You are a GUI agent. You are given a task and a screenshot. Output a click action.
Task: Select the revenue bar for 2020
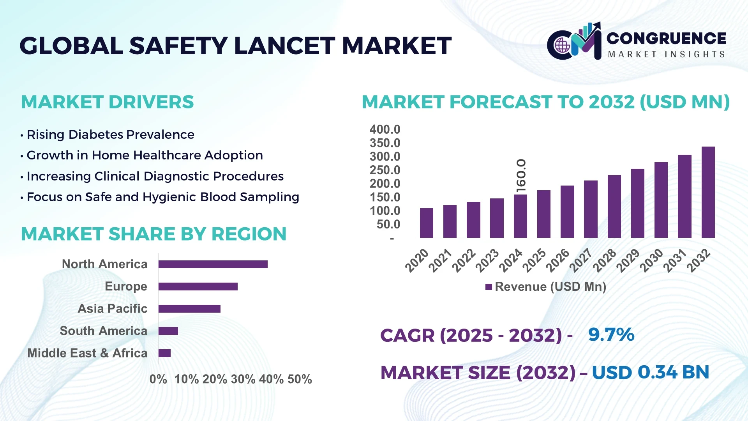tap(426, 223)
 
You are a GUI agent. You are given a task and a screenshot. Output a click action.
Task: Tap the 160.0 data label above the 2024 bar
tap(521, 175)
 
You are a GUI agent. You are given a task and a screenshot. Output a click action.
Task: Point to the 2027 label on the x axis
tap(581, 260)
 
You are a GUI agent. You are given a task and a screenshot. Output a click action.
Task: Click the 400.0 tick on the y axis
tap(385, 129)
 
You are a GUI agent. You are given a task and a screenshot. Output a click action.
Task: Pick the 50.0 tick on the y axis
tap(388, 224)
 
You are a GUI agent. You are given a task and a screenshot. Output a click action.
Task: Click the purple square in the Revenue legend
tap(489, 287)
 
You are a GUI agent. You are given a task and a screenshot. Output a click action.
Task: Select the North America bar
tap(213, 264)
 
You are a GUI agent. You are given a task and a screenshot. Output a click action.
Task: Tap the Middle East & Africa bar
tap(164, 353)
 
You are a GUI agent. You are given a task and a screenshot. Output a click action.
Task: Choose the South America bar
tap(168, 331)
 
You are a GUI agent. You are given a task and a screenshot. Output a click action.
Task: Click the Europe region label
tap(126, 287)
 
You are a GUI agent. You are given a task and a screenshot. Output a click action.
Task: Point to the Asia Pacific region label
tap(112, 309)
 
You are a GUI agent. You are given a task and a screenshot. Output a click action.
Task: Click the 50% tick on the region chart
tap(300, 379)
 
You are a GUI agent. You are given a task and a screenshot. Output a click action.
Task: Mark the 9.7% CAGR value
tap(611, 334)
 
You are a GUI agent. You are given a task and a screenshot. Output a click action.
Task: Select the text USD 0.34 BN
tap(650, 372)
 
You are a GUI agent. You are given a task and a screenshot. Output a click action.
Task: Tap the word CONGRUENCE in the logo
tap(666, 38)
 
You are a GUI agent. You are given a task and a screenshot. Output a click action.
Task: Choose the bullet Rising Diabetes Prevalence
tap(110, 134)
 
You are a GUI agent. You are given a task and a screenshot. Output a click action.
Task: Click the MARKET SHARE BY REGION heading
tap(153, 234)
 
